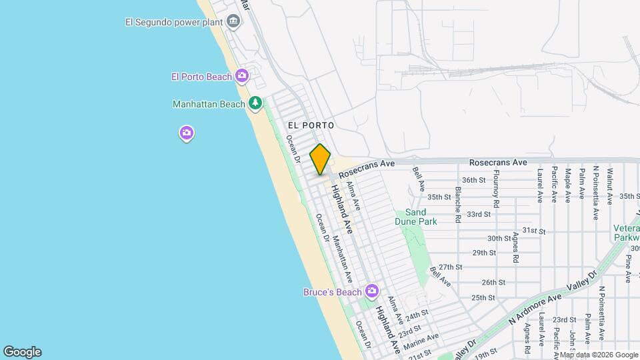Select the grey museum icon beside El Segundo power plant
point(234,21)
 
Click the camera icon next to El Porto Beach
point(241,77)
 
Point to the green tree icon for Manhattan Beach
point(255,103)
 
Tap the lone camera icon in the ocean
point(187,133)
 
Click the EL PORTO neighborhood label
point(311,125)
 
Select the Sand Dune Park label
point(421,216)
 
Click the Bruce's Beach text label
point(332,292)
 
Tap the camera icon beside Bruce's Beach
point(371,291)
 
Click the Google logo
point(22,352)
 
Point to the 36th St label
point(473,180)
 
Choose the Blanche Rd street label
point(458,204)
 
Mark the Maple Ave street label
point(568,184)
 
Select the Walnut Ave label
point(609,184)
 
